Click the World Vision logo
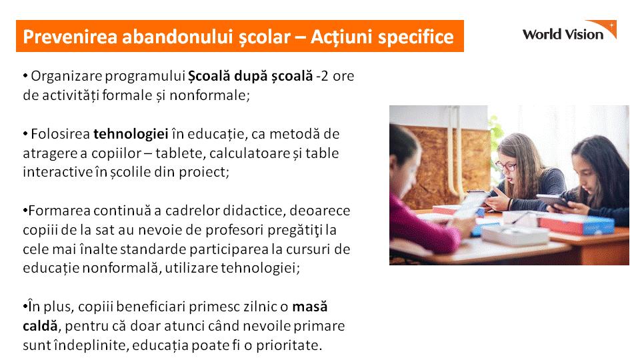coord(569,31)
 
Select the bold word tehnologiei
coord(131,134)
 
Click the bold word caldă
coord(40,326)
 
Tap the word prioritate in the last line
coord(289,345)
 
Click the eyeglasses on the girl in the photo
coord(506,166)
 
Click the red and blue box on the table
coord(577,225)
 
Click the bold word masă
coord(310,307)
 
